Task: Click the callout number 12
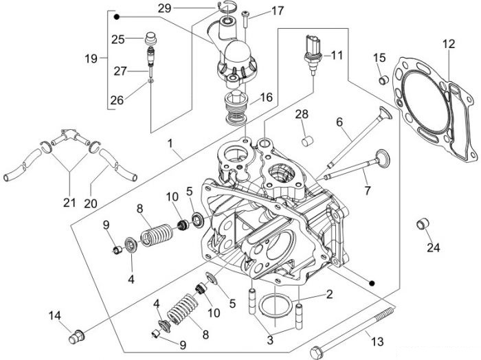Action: pos(449,43)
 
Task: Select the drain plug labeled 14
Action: pos(76,337)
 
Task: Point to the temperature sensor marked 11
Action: pos(313,54)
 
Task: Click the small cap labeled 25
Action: pos(150,38)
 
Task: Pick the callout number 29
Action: pos(164,8)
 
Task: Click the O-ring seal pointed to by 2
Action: pos(275,306)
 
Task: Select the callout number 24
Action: pos(434,247)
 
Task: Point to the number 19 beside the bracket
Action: pos(91,58)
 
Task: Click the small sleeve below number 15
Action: pos(383,80)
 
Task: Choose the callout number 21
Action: pos(69,203)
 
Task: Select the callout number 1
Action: pos(170,144)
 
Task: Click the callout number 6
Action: pos(339,122)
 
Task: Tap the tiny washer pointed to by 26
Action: pos(150,81)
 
